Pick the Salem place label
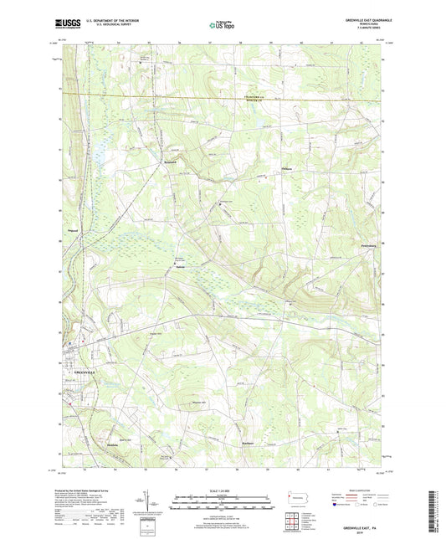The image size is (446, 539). [179, 267]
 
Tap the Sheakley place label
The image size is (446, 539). [113, 444]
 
